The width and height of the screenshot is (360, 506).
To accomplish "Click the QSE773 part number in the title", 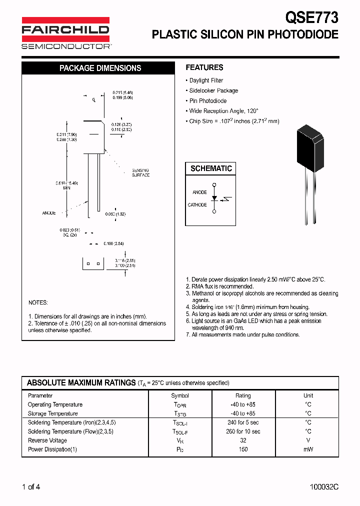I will tap(311, 17).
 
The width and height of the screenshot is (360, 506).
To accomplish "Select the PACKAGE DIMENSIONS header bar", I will tap(100, 68).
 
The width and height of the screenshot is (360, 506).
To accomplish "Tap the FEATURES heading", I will tap(204, 67).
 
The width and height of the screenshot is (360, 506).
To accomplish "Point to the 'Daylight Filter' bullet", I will tap(206, 80).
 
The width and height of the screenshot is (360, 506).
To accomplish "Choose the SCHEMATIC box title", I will tap(211, 168).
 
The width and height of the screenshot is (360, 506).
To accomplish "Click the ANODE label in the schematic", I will tap(199, 192).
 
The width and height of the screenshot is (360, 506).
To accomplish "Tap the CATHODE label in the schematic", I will tap(197, 205).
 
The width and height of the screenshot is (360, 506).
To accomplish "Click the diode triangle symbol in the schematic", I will tap(214, 198).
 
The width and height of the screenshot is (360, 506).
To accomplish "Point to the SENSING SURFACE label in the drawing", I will tap(140, 172).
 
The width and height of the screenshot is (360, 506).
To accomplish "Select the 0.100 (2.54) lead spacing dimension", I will tap(113, 243).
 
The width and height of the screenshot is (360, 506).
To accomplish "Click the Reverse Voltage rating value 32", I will tap(243, 440).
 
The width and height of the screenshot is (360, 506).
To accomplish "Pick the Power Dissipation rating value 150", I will tap(243, 449).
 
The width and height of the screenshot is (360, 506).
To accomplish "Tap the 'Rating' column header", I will tap(243, 395).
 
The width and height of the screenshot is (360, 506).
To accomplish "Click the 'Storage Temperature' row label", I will tap(53, 413).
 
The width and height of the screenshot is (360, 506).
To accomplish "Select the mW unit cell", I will tap(308, 449).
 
